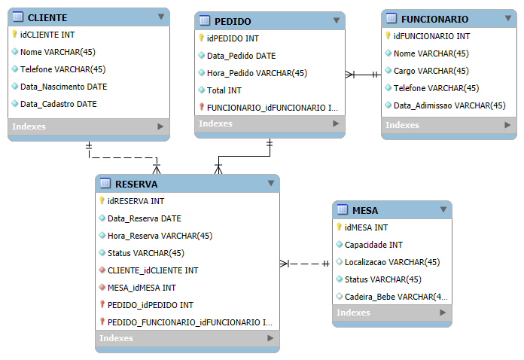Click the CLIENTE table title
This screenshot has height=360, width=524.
pos(47,18)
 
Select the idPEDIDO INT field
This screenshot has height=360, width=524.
pos(233,38)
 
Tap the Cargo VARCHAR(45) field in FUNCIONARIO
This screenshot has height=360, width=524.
pos(431,71)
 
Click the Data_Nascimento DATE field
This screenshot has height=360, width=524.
pos(63,87)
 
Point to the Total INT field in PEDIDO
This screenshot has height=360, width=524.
pos(224,90)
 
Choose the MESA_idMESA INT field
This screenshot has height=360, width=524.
pos(142,288)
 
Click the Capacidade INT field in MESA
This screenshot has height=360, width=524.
pos(373,245)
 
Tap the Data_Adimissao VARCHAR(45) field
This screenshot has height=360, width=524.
pos(449,105)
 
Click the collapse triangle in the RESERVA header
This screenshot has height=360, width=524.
pos(271,183)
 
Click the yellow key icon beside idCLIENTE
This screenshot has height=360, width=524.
pos(14,34)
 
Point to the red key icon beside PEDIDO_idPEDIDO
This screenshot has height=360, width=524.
pos(102,304)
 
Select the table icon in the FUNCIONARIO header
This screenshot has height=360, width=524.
pos(391,18)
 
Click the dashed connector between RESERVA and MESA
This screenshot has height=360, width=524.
pos(304,264)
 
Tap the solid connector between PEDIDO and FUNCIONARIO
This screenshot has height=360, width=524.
pos(363,75)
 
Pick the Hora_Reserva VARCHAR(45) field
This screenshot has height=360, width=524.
pos(160,236)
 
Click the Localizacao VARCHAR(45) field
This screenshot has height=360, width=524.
pos(392,262)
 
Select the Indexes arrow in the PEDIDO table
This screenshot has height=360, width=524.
pos(336,124)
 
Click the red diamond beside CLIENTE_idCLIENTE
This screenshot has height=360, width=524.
pos(102,270)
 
